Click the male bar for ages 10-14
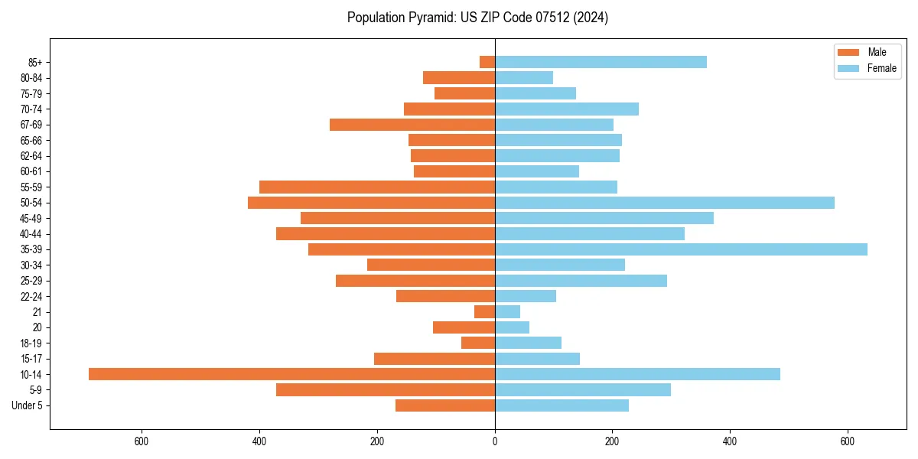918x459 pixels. pos(291,374)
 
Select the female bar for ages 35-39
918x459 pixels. pos(681,249)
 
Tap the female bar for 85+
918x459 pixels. pos(601,62)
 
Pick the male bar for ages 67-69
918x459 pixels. pos(412,125)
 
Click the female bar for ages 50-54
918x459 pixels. pos(665,203)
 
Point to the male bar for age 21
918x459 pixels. pos(484,312)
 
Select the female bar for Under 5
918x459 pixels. pos(562,405)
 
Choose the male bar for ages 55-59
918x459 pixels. pos(377,187)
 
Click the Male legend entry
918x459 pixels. pos(877,52)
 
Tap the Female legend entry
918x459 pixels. pos(881,68)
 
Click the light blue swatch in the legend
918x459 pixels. pos(849,68)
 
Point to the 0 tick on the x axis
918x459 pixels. pos(495,441)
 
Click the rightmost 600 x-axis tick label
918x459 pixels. pos(848,441)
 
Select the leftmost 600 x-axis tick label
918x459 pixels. pos(142,441)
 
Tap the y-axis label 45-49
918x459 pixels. pos(31,219)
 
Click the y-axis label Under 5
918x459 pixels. pos(28,405)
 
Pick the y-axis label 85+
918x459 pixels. pos(35,63)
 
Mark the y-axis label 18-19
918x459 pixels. pos(31,343)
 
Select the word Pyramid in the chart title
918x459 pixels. pos(429,18)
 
